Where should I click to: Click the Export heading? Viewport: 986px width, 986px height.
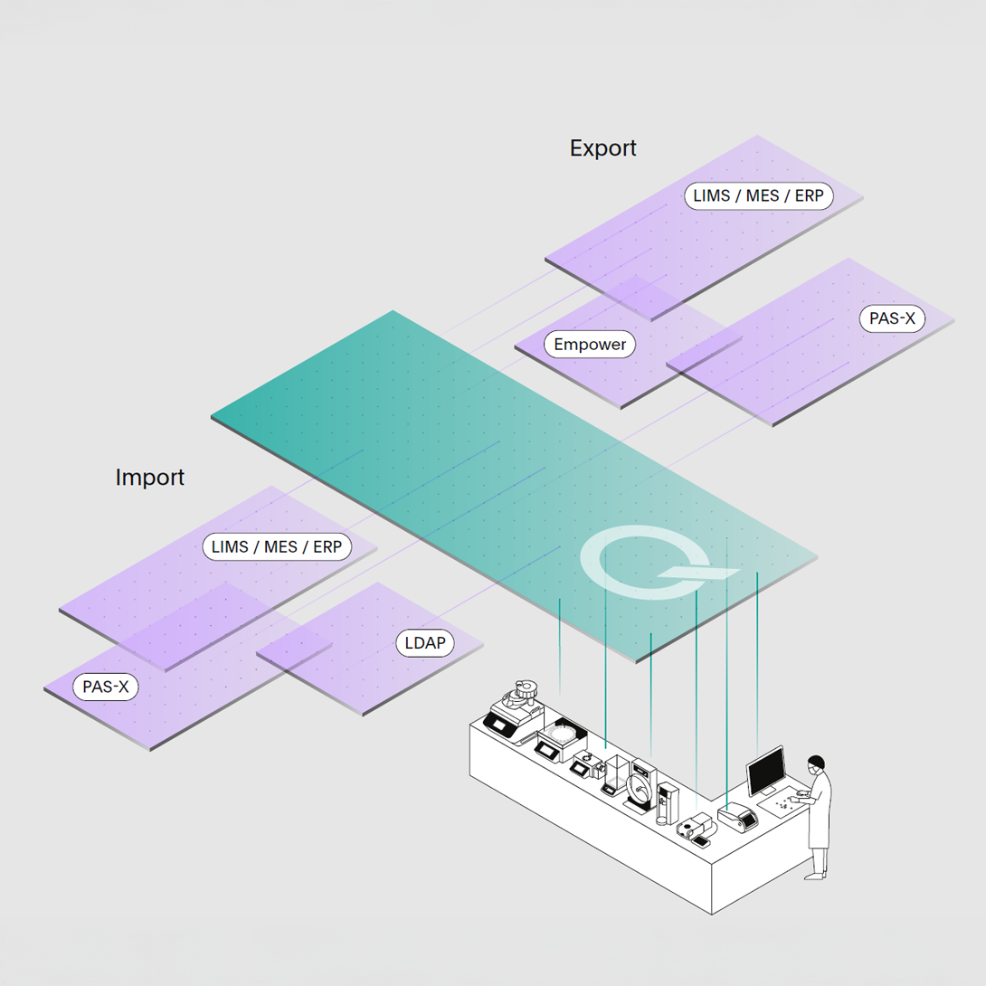602,147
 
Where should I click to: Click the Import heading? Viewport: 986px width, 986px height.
149,477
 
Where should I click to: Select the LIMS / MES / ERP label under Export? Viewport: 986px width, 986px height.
758,194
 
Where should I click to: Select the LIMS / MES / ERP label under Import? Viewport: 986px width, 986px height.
276,546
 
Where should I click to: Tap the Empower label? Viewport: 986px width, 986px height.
590,344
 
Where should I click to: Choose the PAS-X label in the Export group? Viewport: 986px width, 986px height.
891,318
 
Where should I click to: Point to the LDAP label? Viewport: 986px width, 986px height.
424,643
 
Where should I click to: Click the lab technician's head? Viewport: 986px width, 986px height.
817,763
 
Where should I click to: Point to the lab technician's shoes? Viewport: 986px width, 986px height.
817,875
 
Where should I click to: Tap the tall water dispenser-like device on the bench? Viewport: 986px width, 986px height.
667,802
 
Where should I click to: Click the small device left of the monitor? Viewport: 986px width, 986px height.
735,817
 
